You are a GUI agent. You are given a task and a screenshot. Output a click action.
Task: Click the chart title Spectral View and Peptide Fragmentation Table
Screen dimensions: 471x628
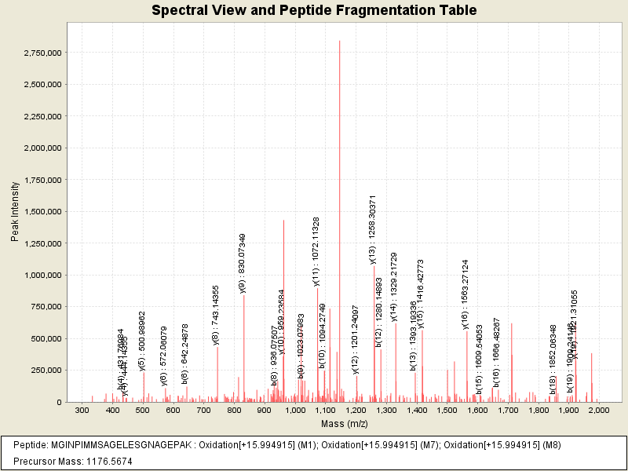(x=314, y=11)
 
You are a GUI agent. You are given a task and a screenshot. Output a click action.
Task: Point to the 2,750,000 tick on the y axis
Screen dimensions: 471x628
(x=42, y=53)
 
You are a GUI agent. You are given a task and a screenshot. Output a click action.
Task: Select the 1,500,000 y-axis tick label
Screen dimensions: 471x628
(x=42, y=212)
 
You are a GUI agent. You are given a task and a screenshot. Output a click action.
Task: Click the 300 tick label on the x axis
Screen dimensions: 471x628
(x=82, y=411)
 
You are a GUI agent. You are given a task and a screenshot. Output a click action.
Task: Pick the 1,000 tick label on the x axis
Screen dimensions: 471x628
(x=294, y=411)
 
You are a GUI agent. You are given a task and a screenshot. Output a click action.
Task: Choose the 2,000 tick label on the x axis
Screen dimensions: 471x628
(x=598, y=411)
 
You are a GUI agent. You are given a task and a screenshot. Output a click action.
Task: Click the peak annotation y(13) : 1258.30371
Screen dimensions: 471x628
(x=373, y=230)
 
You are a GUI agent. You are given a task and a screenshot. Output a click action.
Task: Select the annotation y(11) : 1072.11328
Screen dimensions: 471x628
(x=316, y=251)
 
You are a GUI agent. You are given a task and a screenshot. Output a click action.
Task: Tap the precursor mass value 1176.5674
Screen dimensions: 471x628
(x=104, y=461)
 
